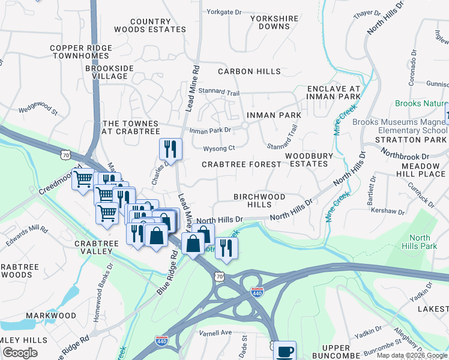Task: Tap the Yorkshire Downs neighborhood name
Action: pyautogui.click(x=274, y=22)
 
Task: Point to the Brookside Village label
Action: pyautogui.click(x=109, y=72)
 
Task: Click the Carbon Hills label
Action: pyautogui.click(x=249, y=71)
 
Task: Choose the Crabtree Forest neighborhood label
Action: pyautogui.click(x=241, y=164)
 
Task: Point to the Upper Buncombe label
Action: pyautogui.click(x=327, y=352)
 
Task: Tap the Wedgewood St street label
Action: pyautogui.click(x=37, y=110)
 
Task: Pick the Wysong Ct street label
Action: pyautogui.click(x=218, y=148)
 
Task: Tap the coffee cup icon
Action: pyautogui.click(x=285, y=352)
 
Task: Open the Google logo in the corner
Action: pyautogui.click(x=20, y=353)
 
